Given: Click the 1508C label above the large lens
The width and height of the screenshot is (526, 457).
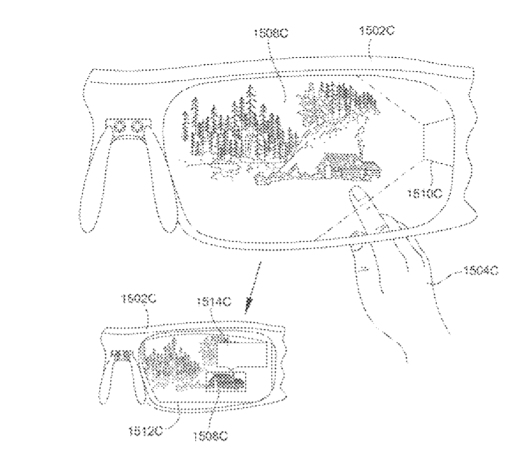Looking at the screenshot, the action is [270, 33].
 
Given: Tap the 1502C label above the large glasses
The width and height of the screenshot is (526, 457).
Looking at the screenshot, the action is [377, 30].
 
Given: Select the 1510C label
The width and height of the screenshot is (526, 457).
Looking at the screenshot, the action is [425, 194].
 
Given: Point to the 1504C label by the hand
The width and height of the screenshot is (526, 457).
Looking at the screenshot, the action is [481, 271].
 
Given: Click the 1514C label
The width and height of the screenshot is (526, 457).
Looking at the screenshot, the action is [214, 302].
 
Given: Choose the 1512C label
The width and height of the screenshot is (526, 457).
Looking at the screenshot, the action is [145, 431].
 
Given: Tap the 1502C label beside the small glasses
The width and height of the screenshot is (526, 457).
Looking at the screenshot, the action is [138, 299].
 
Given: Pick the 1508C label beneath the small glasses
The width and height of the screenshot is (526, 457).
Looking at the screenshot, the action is [210, 437].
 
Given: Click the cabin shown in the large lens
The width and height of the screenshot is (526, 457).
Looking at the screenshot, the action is [349, 166].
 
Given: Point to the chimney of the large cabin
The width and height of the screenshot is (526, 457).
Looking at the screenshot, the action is [361, 141].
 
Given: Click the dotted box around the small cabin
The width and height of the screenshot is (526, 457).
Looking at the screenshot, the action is [226, 382].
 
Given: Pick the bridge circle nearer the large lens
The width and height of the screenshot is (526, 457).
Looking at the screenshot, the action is [136, 127].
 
